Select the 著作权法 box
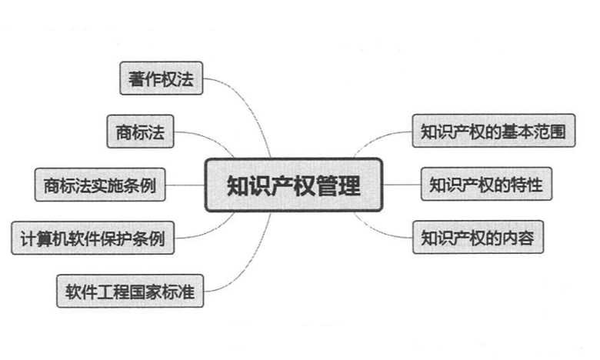point(162,79)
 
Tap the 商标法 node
point(140,132)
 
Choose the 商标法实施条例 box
point(100,185)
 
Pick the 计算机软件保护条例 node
point(92,238)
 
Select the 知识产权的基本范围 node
point(493,132)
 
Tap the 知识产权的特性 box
point(486,185)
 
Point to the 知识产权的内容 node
point(478,238)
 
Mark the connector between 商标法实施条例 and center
point(185,185)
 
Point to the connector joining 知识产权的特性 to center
point(401,185)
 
